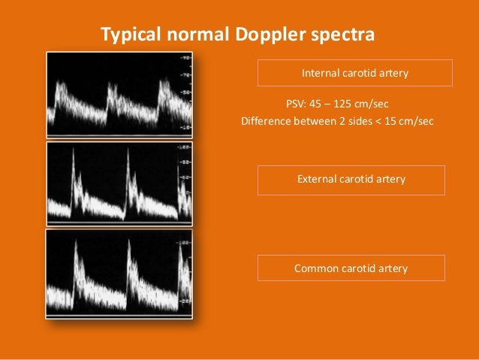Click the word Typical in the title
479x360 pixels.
click(x=128, y=35)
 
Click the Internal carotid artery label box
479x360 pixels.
click(x=355, y=73)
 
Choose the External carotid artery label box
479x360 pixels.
click(x=351, y=180)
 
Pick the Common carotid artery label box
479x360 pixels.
click(x=351, y=268)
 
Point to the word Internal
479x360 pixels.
click(x=320, y=73)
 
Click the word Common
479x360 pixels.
click(x=315, y=268)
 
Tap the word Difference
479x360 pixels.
click(x=264, y=121)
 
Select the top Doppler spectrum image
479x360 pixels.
click(x=119, y=94)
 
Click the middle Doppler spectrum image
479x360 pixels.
click(x=119, y=183)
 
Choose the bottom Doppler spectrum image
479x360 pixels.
click(x=119, y=274)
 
